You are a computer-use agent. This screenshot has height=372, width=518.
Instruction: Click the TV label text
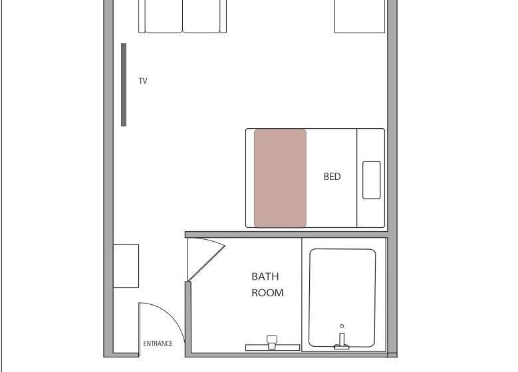[143, 81]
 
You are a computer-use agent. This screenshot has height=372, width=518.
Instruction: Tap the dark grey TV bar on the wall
[124, 84]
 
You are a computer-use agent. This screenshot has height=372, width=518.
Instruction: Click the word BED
[332, 177]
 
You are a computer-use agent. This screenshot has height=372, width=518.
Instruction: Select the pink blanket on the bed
[280, 178]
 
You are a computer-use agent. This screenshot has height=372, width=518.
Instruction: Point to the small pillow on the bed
[371, 180]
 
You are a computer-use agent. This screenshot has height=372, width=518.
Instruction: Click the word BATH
[265, 276]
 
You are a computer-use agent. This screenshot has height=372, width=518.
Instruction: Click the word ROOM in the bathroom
[267, 293]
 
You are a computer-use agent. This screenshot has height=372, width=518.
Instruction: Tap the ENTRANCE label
[158, 343]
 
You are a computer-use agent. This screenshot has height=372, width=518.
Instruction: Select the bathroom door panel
[206, 264]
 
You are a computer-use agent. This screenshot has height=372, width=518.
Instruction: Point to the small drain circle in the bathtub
[342, 326]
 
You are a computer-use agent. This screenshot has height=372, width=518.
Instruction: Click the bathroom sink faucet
[272, 342]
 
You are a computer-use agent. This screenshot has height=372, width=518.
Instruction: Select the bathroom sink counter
[273, 347]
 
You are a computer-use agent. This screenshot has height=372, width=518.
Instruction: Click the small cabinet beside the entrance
[126, 266]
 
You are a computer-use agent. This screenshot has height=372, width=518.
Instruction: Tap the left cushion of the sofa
[164, 16]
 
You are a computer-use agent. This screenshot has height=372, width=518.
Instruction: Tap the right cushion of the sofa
[201, 16]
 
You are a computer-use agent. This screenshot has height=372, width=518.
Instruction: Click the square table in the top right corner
[360, 16]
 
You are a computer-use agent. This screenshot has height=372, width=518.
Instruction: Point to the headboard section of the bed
[370, 178]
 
